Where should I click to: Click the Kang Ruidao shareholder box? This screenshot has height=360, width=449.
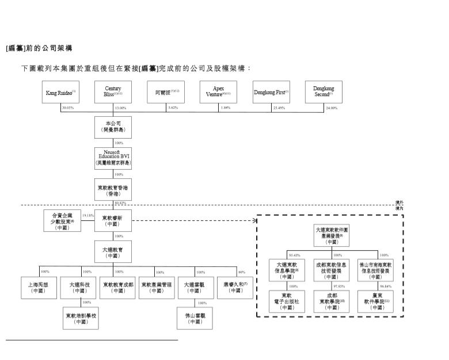coord(61,93)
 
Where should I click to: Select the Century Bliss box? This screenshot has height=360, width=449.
coord(113,93)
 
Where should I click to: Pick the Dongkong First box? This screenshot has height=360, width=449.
coord(271,93)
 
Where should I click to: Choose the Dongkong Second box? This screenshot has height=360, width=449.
coord(323,93)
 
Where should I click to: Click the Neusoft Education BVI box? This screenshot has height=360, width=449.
coord(113,158)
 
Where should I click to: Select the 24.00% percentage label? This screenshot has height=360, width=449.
coord(332,108)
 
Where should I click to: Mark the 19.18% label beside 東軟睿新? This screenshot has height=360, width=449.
coord(87,216)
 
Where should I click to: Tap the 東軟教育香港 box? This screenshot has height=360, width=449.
coord(113,190)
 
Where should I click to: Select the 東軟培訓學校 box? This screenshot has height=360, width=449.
coord(81,318)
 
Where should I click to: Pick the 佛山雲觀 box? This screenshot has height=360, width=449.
coord(194,318)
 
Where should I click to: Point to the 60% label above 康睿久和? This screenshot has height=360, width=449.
coord(241,271)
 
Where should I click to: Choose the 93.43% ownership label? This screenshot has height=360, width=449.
coord(294,254)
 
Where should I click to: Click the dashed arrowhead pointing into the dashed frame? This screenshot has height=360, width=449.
coord(254,220)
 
